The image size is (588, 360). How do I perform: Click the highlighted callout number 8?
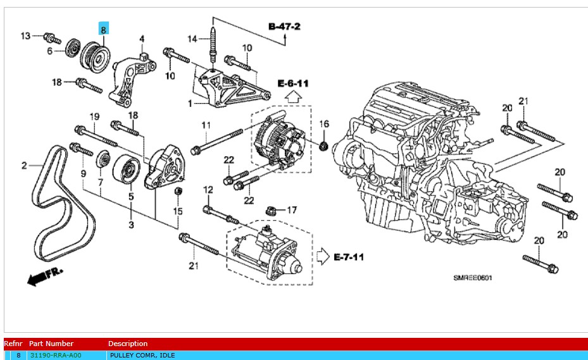tap(104, 29)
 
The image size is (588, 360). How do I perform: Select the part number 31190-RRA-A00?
tap(56, 356)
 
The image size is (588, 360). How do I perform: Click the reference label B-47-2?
tap(284, 27)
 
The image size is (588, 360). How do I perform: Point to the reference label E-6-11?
tap(293, 83)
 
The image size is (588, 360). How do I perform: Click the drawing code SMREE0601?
tap(472, 277)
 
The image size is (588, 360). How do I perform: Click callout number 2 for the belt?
tap(24, 166)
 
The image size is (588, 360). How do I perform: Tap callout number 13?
tap(25, 35)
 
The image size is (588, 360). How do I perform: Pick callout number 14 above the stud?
tap(192, 39)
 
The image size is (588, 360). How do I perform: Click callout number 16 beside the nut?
tap(323, 123)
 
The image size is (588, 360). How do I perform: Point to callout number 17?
tap(291, 209)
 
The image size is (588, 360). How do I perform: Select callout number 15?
tap(178, 211)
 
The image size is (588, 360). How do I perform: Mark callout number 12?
tap(208, 190)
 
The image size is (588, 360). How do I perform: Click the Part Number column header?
tap(51, 344)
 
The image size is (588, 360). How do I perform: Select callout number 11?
tap(206, 125)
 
